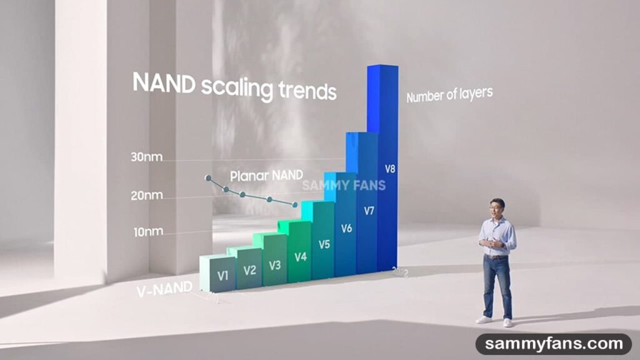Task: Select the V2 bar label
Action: click(249, 270)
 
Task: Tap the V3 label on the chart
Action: click(275, 265)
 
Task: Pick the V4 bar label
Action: click(300, 256)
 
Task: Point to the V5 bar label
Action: click(324, 244)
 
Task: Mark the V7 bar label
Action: click(369, 211)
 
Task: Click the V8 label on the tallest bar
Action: click(390, 168)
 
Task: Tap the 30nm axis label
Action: click(146, 157)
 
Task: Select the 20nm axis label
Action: click(146, 196)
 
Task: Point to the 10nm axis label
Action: click(148, 232)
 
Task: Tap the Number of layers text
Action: click(449, 95)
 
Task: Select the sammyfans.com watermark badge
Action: click(552, 344)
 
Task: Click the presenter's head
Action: click(497, 206)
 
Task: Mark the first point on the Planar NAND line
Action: click(208, 178)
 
